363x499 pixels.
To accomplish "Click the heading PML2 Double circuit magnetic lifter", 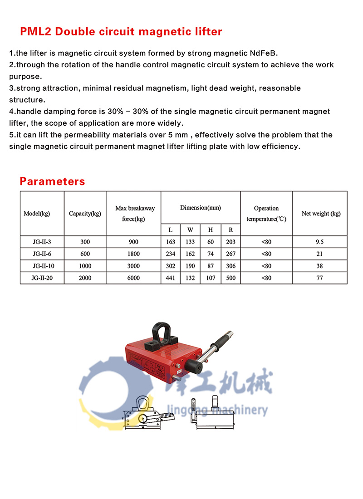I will coord(121,32).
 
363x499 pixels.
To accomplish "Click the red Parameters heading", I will coord(52,182).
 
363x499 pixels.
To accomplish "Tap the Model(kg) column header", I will coord(37,214).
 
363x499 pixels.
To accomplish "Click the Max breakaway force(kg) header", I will coord(134,214).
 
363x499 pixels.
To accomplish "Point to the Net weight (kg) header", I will coord(321,214).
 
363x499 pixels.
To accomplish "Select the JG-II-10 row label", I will coord(42,266).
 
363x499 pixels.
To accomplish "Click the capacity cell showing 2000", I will coord(85,278).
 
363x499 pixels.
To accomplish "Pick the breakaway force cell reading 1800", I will coord(133,254).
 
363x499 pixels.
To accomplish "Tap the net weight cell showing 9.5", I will coord(320,242).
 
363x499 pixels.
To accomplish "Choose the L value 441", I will coord(171,278).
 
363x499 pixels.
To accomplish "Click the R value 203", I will coord(231,242).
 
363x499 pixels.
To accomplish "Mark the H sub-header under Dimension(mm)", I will coord(211,230).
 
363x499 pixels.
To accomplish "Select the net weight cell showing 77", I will coord(320,278).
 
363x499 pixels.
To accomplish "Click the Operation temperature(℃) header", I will coord(266,214).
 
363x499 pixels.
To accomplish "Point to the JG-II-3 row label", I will coord(42,242).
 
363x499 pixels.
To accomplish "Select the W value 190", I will coord(190,266).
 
